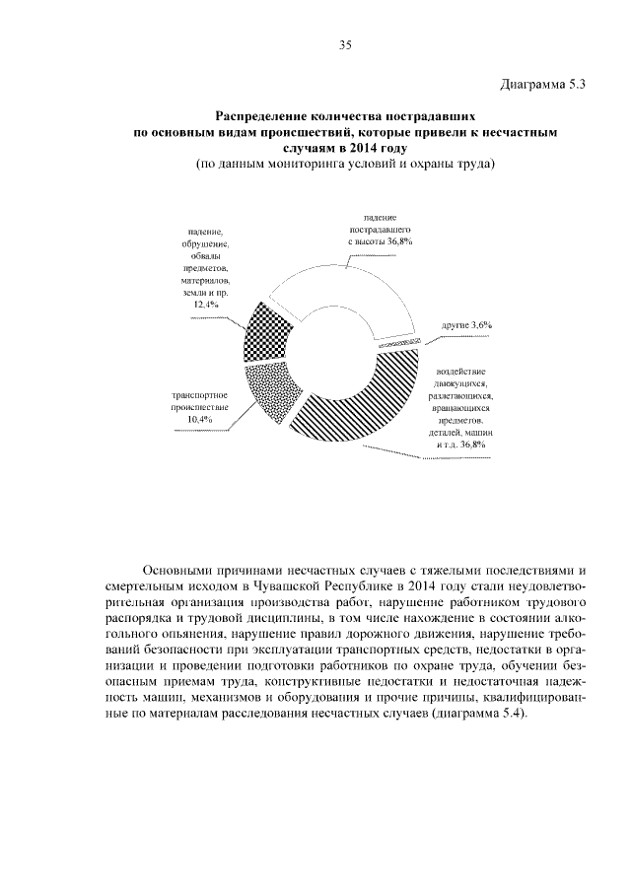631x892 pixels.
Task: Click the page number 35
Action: pos(344,45)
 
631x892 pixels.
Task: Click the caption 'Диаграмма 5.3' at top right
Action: pos(544,84)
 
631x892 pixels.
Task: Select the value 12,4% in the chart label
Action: pos(206,306)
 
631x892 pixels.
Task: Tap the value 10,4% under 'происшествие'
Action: pos(200,421)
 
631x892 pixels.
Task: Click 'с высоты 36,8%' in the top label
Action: pos(379,240)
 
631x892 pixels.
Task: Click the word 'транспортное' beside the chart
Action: pos(200,395)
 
